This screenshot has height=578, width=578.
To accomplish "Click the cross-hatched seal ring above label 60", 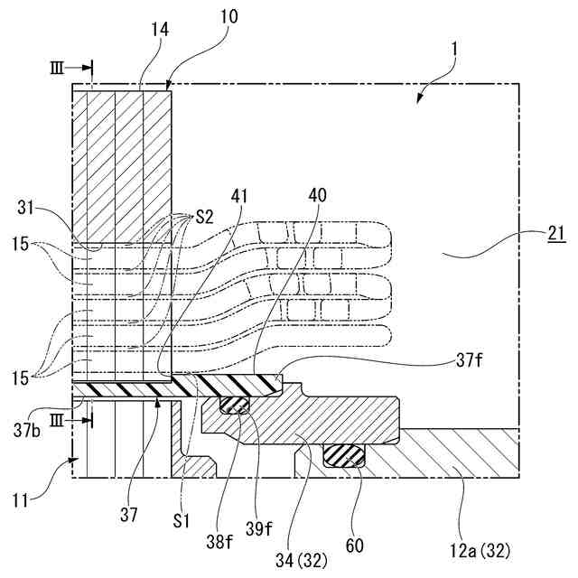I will (344, 455).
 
